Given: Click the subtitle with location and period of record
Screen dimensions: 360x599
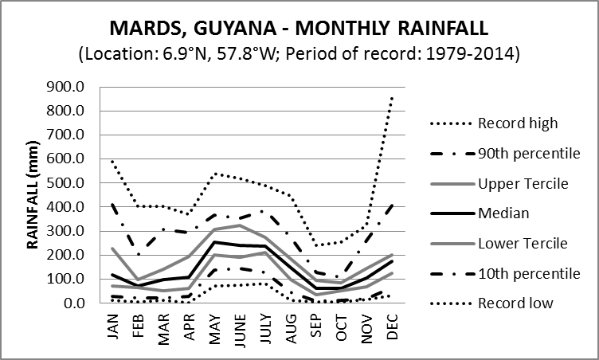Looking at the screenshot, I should (299, 57).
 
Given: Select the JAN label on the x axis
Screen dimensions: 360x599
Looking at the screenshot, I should (114, 323).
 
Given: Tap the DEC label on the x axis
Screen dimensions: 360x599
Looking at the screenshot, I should (391, 323).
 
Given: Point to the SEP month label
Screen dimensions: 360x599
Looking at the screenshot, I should (315, 323).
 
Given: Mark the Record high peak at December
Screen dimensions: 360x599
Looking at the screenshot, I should (391, 98).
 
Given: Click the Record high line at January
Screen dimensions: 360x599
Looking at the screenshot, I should (112, 162).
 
